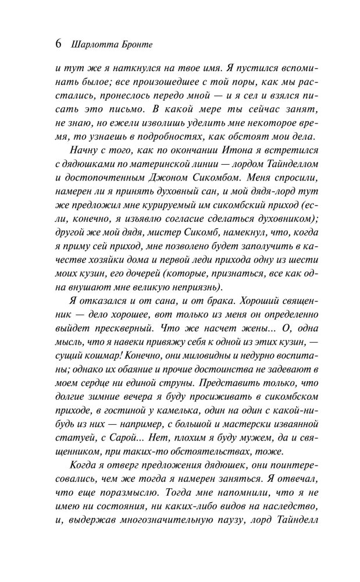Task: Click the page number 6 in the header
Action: [x=58, y=44]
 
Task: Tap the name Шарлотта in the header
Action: [x=92, y=45]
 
